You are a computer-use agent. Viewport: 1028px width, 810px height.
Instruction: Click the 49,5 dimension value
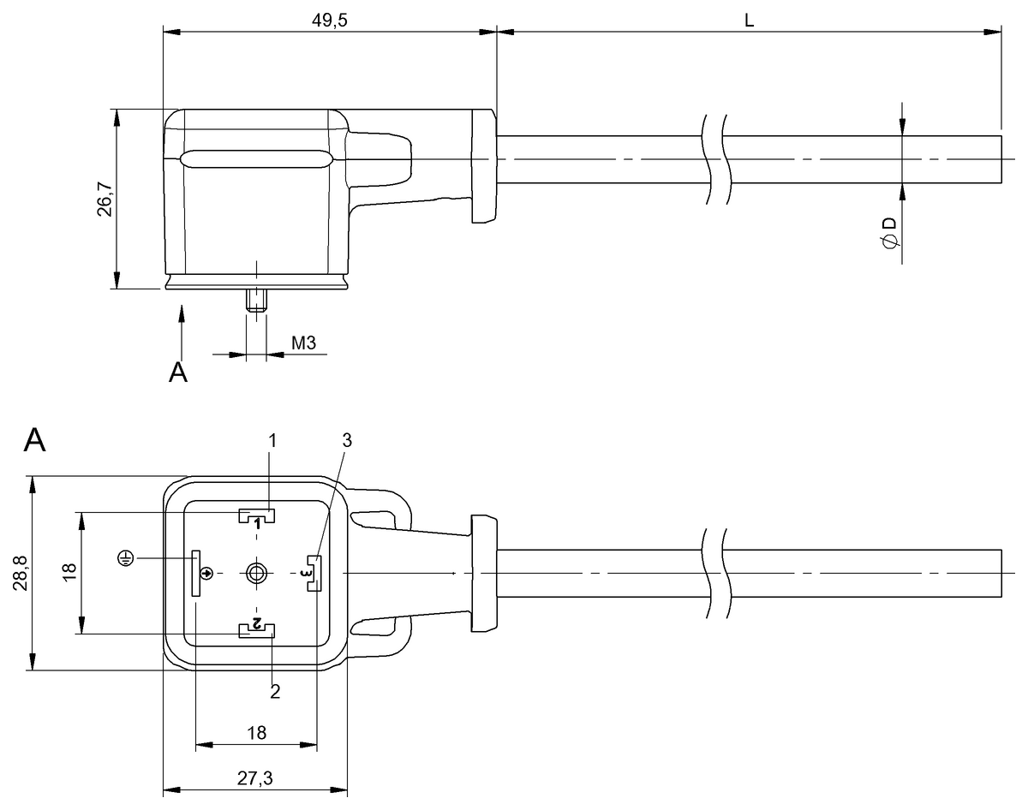tap(330, 20)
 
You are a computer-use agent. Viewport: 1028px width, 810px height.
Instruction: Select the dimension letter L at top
tap(749, 20)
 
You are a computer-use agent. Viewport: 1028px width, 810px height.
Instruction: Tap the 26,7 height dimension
tap(104, 199)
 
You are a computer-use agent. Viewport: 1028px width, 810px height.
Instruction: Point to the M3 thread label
tap(304, 343)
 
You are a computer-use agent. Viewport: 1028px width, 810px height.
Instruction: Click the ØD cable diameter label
tap(888, 233)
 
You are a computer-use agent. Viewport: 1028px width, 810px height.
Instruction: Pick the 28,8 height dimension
tap(21, 574)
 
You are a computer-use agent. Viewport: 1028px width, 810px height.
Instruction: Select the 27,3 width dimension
tap(255, 777)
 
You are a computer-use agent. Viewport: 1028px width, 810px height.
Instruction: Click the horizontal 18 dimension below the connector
tap(255, 732)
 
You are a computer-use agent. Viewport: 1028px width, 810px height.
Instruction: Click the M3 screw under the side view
tap(256, 301)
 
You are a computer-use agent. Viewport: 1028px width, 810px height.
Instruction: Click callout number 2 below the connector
tap(275, 691)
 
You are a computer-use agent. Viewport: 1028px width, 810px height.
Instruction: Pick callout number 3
tap(346, 441)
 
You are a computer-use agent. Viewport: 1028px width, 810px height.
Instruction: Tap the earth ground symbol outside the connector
tap(126, 559)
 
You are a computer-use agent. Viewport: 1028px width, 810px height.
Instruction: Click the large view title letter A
tap(35, 441)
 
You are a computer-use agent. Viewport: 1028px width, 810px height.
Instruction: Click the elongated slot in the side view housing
tap(255, 159)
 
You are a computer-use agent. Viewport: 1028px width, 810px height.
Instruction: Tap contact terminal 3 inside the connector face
tap(314, 573)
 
